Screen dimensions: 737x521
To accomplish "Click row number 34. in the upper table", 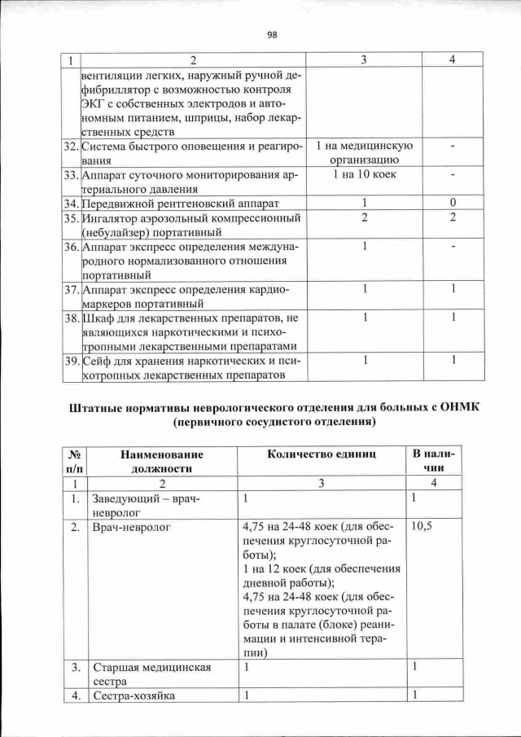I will tap(72, 202).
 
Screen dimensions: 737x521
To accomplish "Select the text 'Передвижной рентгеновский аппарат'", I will tap(179, 202).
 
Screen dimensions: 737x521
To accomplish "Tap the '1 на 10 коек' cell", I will tap(366, 175).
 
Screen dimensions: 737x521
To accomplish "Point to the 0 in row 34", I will tap(453, 202).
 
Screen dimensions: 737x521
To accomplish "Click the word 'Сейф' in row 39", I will tap(98, 359).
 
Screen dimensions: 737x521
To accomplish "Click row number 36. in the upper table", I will tap(72, 246).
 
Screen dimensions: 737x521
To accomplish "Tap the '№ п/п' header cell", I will tap(74, 461).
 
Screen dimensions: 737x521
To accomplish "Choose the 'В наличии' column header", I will tap(435, 461).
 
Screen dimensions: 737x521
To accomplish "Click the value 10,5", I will tap(422, 527).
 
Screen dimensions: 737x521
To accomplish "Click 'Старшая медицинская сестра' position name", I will tap(151, 674).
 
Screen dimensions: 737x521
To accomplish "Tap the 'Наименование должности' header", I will tap(161, 461).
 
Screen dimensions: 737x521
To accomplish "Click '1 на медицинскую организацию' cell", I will tap(366, 153).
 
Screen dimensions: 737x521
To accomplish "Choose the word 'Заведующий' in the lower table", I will tap(128, 498).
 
